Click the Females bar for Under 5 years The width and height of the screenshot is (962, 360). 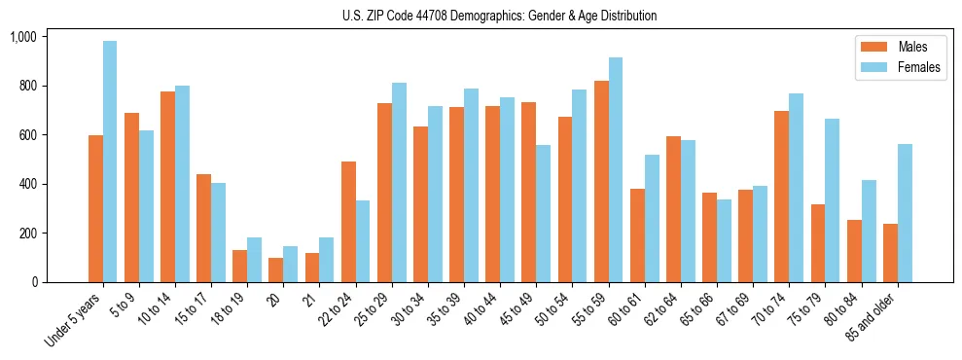[x=110, y=162]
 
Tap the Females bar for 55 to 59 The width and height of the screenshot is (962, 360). [x=616, y=170]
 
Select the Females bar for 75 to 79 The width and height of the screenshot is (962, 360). [x=833, y=200]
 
